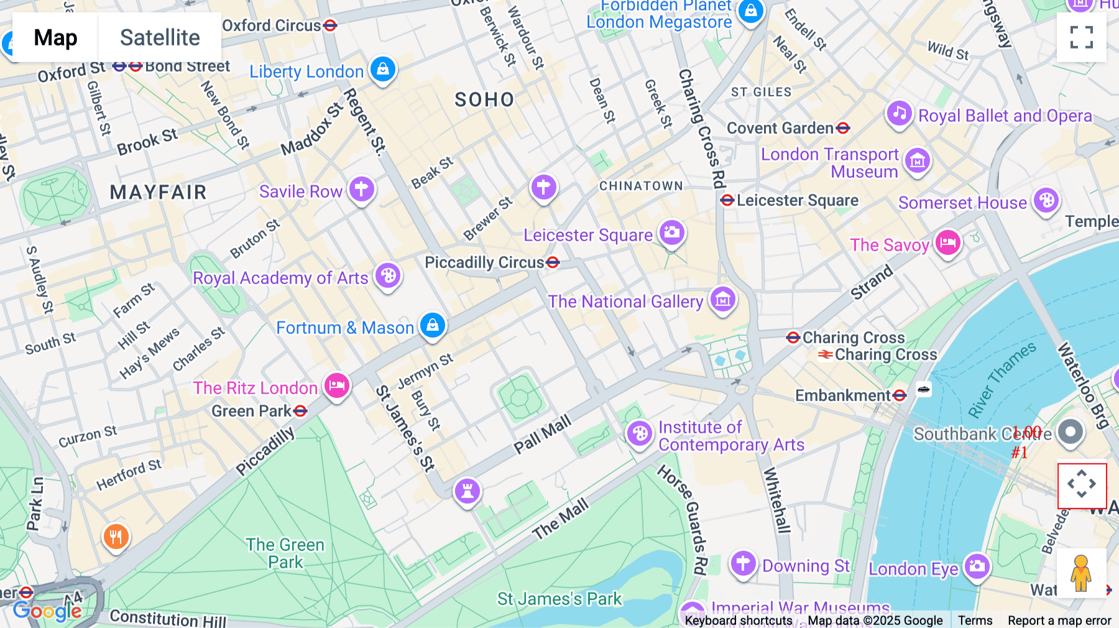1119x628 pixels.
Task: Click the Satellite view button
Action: point(160,37)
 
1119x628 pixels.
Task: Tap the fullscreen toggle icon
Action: point(1081,37)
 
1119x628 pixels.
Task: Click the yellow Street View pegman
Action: point(1081,573)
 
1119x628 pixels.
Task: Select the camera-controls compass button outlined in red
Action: point(1082,485)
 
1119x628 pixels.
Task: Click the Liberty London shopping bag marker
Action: point(383,69)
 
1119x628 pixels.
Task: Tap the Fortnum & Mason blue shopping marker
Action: point(433,325)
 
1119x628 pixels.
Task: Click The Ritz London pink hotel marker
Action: point(337,386)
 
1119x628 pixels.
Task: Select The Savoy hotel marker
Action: point(947,242)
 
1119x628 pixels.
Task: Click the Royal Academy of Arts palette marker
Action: point(388,275)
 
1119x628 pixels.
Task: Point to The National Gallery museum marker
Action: point(722,300)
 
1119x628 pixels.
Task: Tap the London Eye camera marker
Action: point(977,566)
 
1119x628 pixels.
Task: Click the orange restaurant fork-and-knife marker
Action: point(116,536)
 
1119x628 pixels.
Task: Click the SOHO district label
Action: point(484,99)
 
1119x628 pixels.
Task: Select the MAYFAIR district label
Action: point(158,192)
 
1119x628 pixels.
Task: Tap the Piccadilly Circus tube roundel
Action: point(553,262)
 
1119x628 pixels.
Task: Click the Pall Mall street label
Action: point(542,435)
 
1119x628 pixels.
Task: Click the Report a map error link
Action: point(1059,621)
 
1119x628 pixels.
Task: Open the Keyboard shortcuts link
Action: point(738,621)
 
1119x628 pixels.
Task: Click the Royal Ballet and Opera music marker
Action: point(899,114)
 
